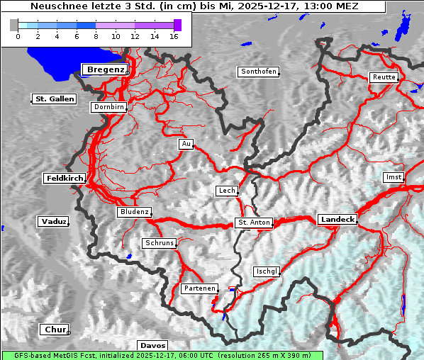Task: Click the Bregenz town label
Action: [x=106, y=69]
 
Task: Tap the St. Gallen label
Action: [x=55, y=99]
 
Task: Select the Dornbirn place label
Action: [x=109, y=107]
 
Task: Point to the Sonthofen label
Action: [x=258, y=72]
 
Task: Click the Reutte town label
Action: [x=382, y=77]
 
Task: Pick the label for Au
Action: [x=186, y=144]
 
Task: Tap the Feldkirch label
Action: [x=65, y=179]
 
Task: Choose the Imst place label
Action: [x=392, y=176]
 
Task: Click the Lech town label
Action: [x=226, y=191]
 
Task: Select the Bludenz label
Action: [x=134, y=212]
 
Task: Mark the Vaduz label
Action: [x=53, y=222]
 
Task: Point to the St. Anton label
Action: [x=253, y=223]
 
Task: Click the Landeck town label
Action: [x=337, y=220]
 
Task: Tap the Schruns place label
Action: [x=159, y=243]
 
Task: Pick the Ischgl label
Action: [x=267, y=271]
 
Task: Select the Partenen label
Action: [x=199, y=288]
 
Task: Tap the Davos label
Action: [x=152, y=345]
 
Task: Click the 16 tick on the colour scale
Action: [x=173, y=35]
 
